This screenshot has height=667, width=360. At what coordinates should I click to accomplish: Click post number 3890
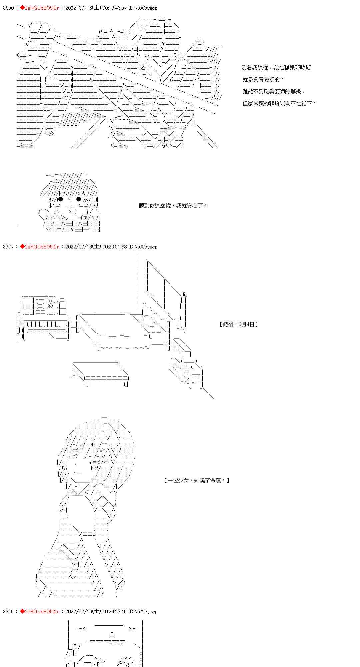(8, 8)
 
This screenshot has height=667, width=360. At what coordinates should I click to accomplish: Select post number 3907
(8, 247)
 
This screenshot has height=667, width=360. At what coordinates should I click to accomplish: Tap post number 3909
(8, 611)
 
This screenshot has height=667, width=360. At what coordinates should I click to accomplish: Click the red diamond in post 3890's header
(22, 8)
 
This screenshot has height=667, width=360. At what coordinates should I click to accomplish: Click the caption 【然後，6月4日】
(239, 324)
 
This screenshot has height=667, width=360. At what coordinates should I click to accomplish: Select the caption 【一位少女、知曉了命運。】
(197, 480)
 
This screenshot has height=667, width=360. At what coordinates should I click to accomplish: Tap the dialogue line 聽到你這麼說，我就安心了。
(173, 205)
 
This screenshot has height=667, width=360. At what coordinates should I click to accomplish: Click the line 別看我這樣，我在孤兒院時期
(276, 68)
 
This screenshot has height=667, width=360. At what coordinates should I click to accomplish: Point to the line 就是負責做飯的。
(263, 80)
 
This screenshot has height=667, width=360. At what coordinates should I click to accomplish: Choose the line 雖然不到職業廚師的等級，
(274, 92)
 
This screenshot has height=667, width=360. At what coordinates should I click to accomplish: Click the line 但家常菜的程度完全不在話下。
(279, 104)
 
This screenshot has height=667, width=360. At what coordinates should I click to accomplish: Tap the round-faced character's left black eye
(61, 199)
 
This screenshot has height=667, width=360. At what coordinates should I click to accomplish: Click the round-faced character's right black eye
(79, 199)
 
